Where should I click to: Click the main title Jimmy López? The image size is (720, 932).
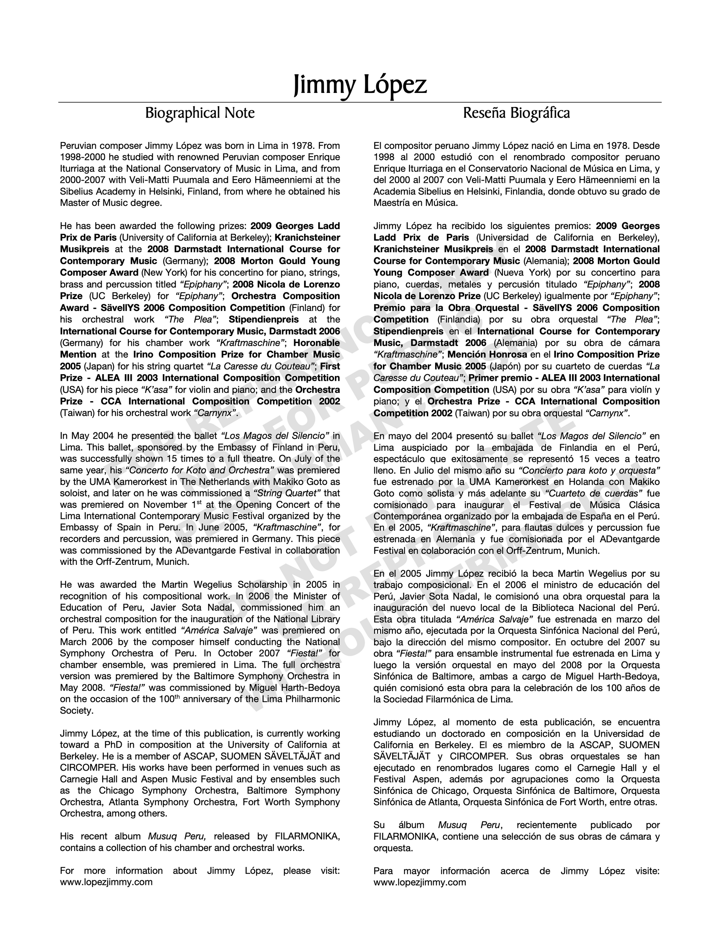[x=360, y=85]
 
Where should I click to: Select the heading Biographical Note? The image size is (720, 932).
[x=200, y=113]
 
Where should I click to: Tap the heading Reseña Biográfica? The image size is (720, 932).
[x=516, y=113]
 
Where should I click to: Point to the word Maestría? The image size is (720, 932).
[x=391, y=203]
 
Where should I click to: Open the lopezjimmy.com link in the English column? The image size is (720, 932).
[x=106, y=882]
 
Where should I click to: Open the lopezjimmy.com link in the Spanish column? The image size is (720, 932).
[x=420, y=882]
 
